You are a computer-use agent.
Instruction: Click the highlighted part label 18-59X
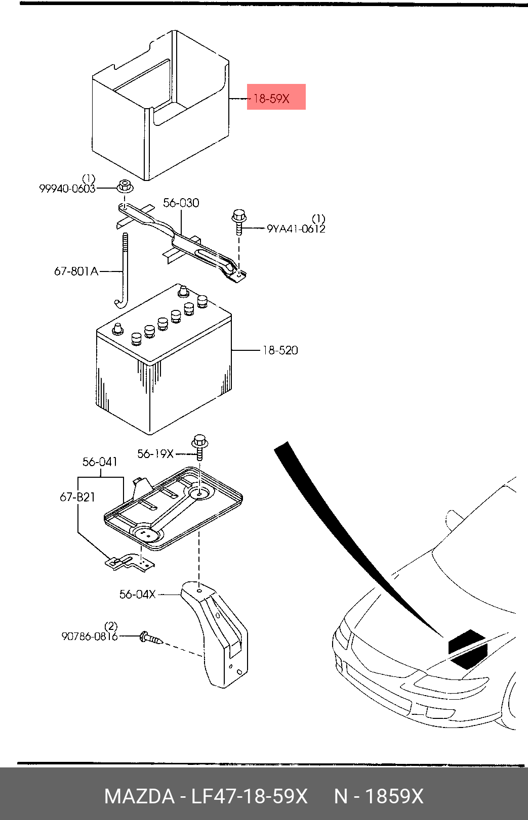[x=272, y=99]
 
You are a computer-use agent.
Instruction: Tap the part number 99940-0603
[x=67, y=189]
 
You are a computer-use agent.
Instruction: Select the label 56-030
[x=181, y=203]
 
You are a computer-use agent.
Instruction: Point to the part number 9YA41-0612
[x=296, y=229]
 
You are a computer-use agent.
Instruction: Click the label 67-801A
[x=76, y=271]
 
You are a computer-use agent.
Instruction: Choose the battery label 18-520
[x=280, y=350]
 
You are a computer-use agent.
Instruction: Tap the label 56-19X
[x=155, y=454]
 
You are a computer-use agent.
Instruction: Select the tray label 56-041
[x=100, y=462]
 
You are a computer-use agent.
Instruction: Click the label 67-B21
[x=77, y=497]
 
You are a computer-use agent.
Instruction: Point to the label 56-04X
[x=137, y=595]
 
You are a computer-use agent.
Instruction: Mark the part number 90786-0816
[x=90, y=636]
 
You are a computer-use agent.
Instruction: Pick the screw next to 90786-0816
[x=151, y=638]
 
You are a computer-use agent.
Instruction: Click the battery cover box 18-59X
[x=159, y=106]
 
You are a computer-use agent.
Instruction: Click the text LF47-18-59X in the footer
[x=249, y=796]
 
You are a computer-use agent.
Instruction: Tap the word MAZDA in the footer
[x=139, y=796]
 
